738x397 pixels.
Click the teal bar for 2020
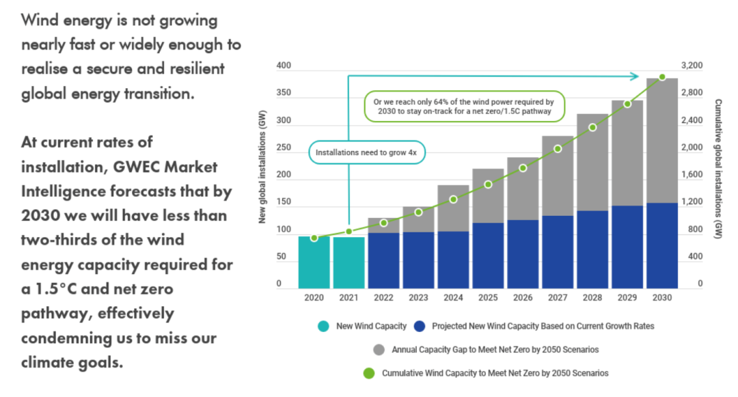click(x=314, y=262)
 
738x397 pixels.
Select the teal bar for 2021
click(x=349, y=262)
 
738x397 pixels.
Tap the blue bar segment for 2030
click(x=662, y=245)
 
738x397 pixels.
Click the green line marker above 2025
click(x=488, y=184)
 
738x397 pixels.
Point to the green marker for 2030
click(x=662, y=77)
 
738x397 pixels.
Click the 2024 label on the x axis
click(x=453, y=299)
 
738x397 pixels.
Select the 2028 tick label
click(x=592, y=299)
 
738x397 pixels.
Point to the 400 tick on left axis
click(x=284, y=66)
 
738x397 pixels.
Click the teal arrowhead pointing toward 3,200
click(x=635, y=76)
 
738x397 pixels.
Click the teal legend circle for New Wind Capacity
click(x=323, y=326)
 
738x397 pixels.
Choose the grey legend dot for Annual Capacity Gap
click(x=379, y=349)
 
